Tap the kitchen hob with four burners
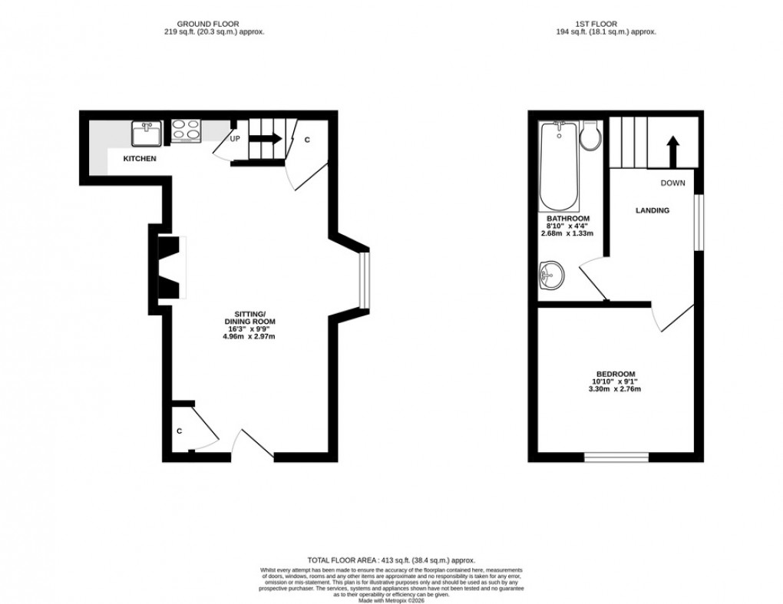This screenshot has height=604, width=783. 186,131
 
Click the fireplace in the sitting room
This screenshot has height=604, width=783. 170,268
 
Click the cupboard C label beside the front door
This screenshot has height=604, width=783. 180,431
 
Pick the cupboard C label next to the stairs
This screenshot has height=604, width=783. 307,140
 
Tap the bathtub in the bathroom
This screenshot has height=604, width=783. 560,165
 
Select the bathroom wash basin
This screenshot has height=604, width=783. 551,274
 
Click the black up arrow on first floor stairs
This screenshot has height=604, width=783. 673,151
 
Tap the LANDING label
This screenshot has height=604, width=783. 652,210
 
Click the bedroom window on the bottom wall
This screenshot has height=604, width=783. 616,457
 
